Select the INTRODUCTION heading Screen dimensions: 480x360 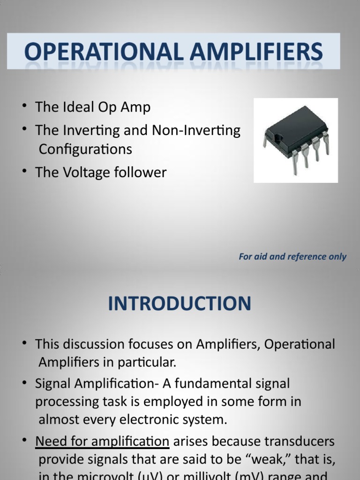(x=180, y=304)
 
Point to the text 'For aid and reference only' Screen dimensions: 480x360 (x=292, y=256)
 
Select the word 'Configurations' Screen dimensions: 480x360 (x=85, y=149)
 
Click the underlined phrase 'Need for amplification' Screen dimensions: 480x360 (x=102, y=442)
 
